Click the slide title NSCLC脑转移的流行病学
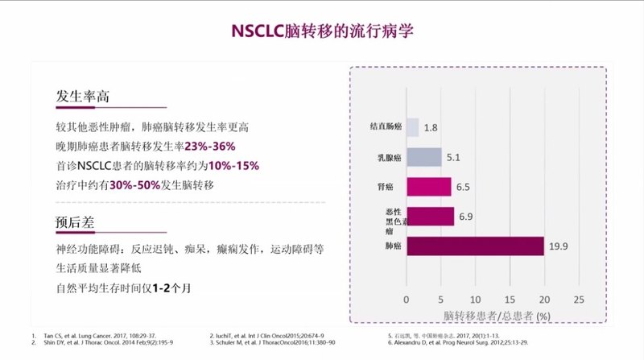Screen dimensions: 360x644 pyautogui.click(x=322, y=31)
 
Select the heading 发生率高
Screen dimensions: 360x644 pyautogui.click(x=82, y=97)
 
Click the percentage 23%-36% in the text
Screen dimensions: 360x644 pyautogui.click(x=210, y=146)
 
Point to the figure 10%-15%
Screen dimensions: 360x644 pyautogui.click(x=233, y=166)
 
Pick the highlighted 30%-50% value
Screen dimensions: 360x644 pyautogui.click(x=134, y=185)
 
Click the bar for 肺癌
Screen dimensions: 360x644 pyautogui.click(x=475, y=246)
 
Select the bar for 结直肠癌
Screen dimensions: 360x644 pyautogui.click(x=412, y=127)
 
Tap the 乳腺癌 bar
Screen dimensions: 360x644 pyautogui.click(x=423, y=157)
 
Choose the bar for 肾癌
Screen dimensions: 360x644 pyautogui.click(x=428, y=186)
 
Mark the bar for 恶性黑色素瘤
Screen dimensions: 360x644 pyautogui.click(x=430, y=216)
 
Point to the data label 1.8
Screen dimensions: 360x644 pyautogui.click(x=431, y=127)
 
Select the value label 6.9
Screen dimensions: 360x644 pyautogui.click(x=465, y=216)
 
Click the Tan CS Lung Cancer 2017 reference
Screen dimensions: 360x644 pyautogui.click(x=80, y=335)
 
